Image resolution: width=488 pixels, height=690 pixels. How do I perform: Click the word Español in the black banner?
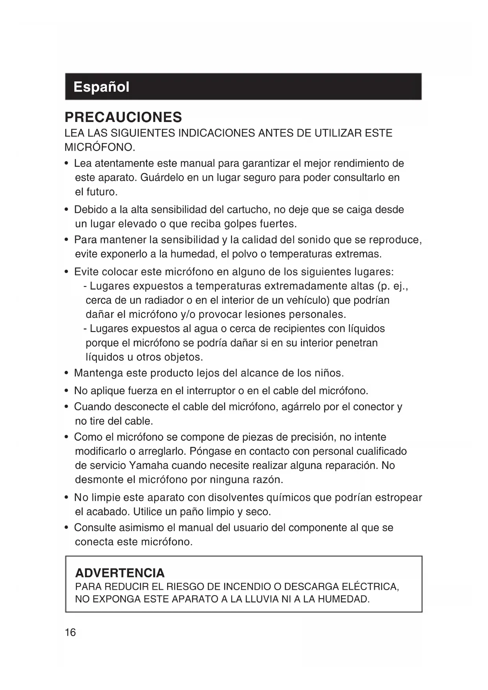(x=101, y=87)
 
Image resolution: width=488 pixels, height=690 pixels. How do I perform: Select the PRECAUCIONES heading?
(x=123, y=117)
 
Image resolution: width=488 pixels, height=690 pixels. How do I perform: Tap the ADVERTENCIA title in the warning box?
(x=120, y=573)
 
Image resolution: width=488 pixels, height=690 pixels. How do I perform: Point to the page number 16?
(x=70, y=633)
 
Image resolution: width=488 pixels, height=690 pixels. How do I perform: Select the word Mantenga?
(x=98, y=373)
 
